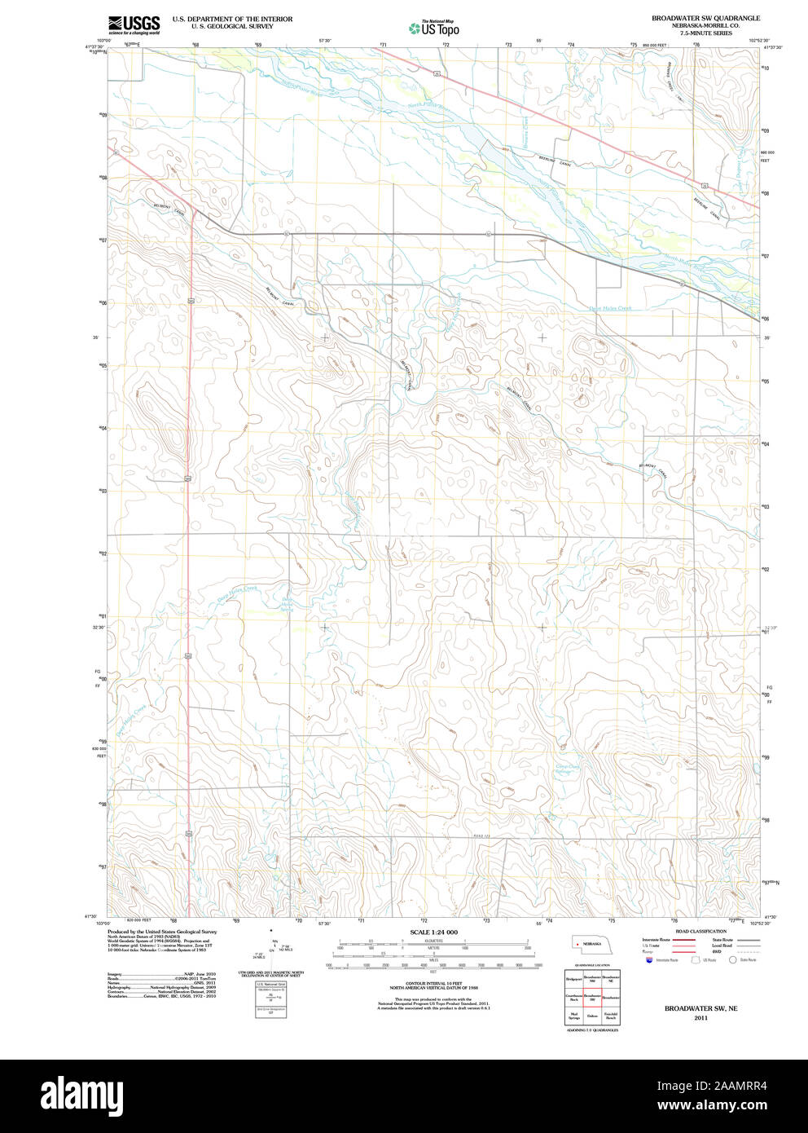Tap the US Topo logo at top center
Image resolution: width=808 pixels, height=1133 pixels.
[x=435, y=29]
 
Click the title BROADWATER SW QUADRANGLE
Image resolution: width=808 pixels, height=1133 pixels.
[x=705, y=18]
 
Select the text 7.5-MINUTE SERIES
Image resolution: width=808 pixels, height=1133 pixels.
[x=705, y=33]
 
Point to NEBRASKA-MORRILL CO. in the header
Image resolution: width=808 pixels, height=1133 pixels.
[x=705, y=26]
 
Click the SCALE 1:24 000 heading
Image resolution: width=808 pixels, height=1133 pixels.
[x=433, y=932]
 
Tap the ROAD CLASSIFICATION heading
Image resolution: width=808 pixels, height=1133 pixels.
[x=700, y=931]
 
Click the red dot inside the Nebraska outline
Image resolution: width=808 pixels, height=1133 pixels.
[x=577, y=943]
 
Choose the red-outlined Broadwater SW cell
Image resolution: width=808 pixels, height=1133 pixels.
[x=591, y=996]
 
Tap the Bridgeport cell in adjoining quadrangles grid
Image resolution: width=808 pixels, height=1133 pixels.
[x=573, y=977]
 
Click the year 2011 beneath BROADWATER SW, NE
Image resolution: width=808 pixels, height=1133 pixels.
[x=700, y=1018]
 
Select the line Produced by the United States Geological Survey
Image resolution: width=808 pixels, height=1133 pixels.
[x=162, y=931]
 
